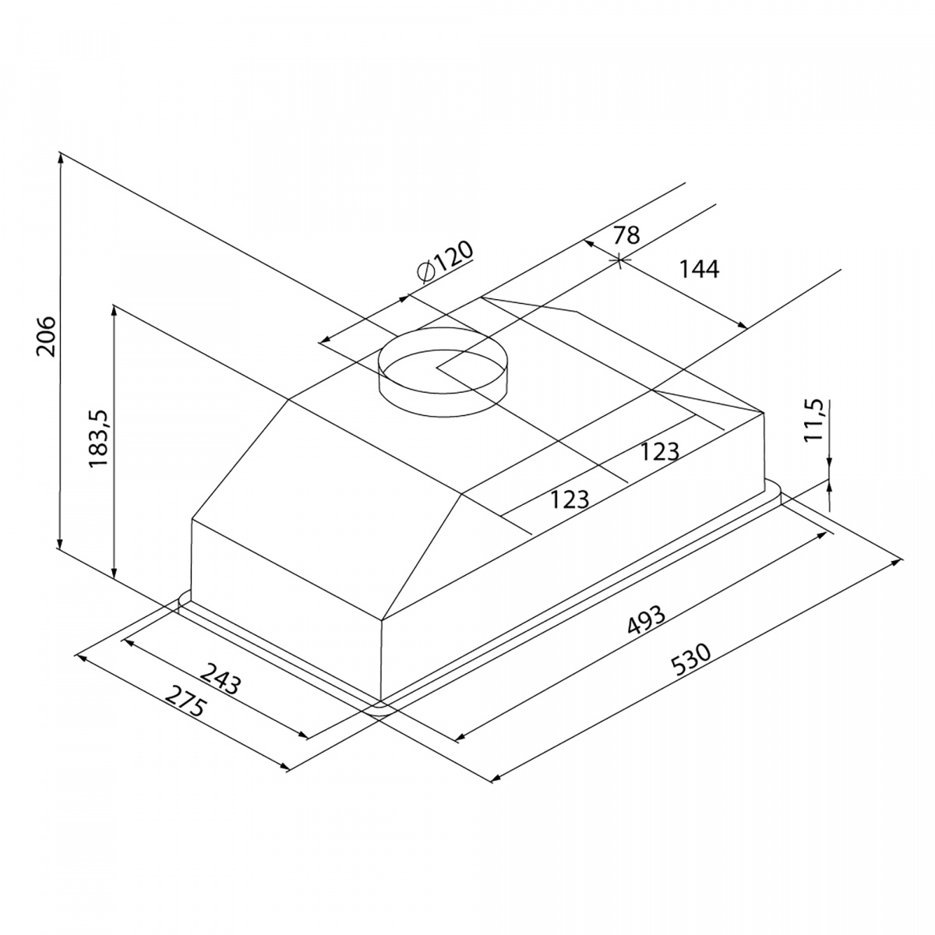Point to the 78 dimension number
(x=626, y=235)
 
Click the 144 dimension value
(x=699, y=270)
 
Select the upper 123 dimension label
(x=659, y=452)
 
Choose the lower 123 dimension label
(x=570, y=499)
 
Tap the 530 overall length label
(x=692, y=659)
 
